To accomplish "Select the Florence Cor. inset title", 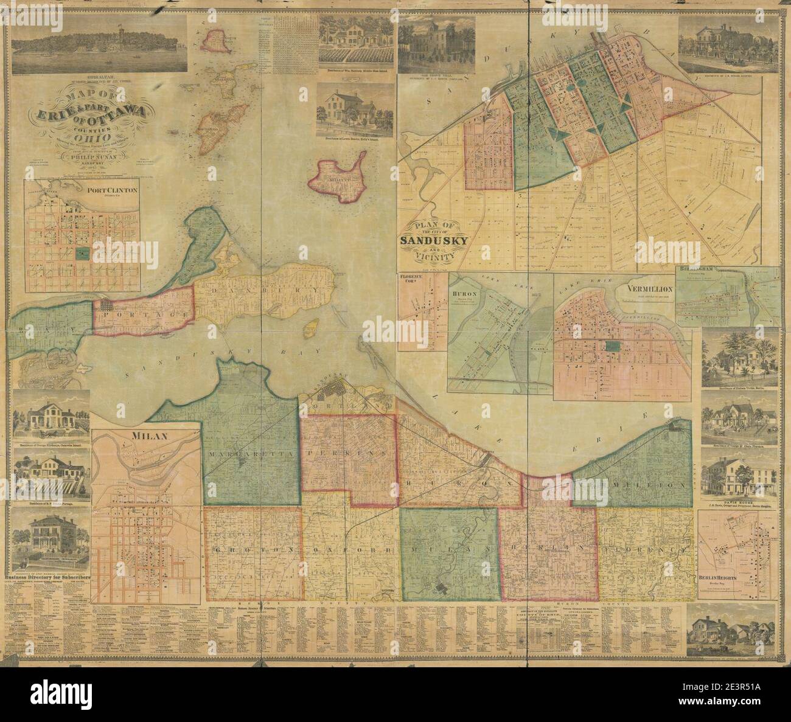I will click(414, 280).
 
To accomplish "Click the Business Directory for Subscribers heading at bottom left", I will click(47, 575).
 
